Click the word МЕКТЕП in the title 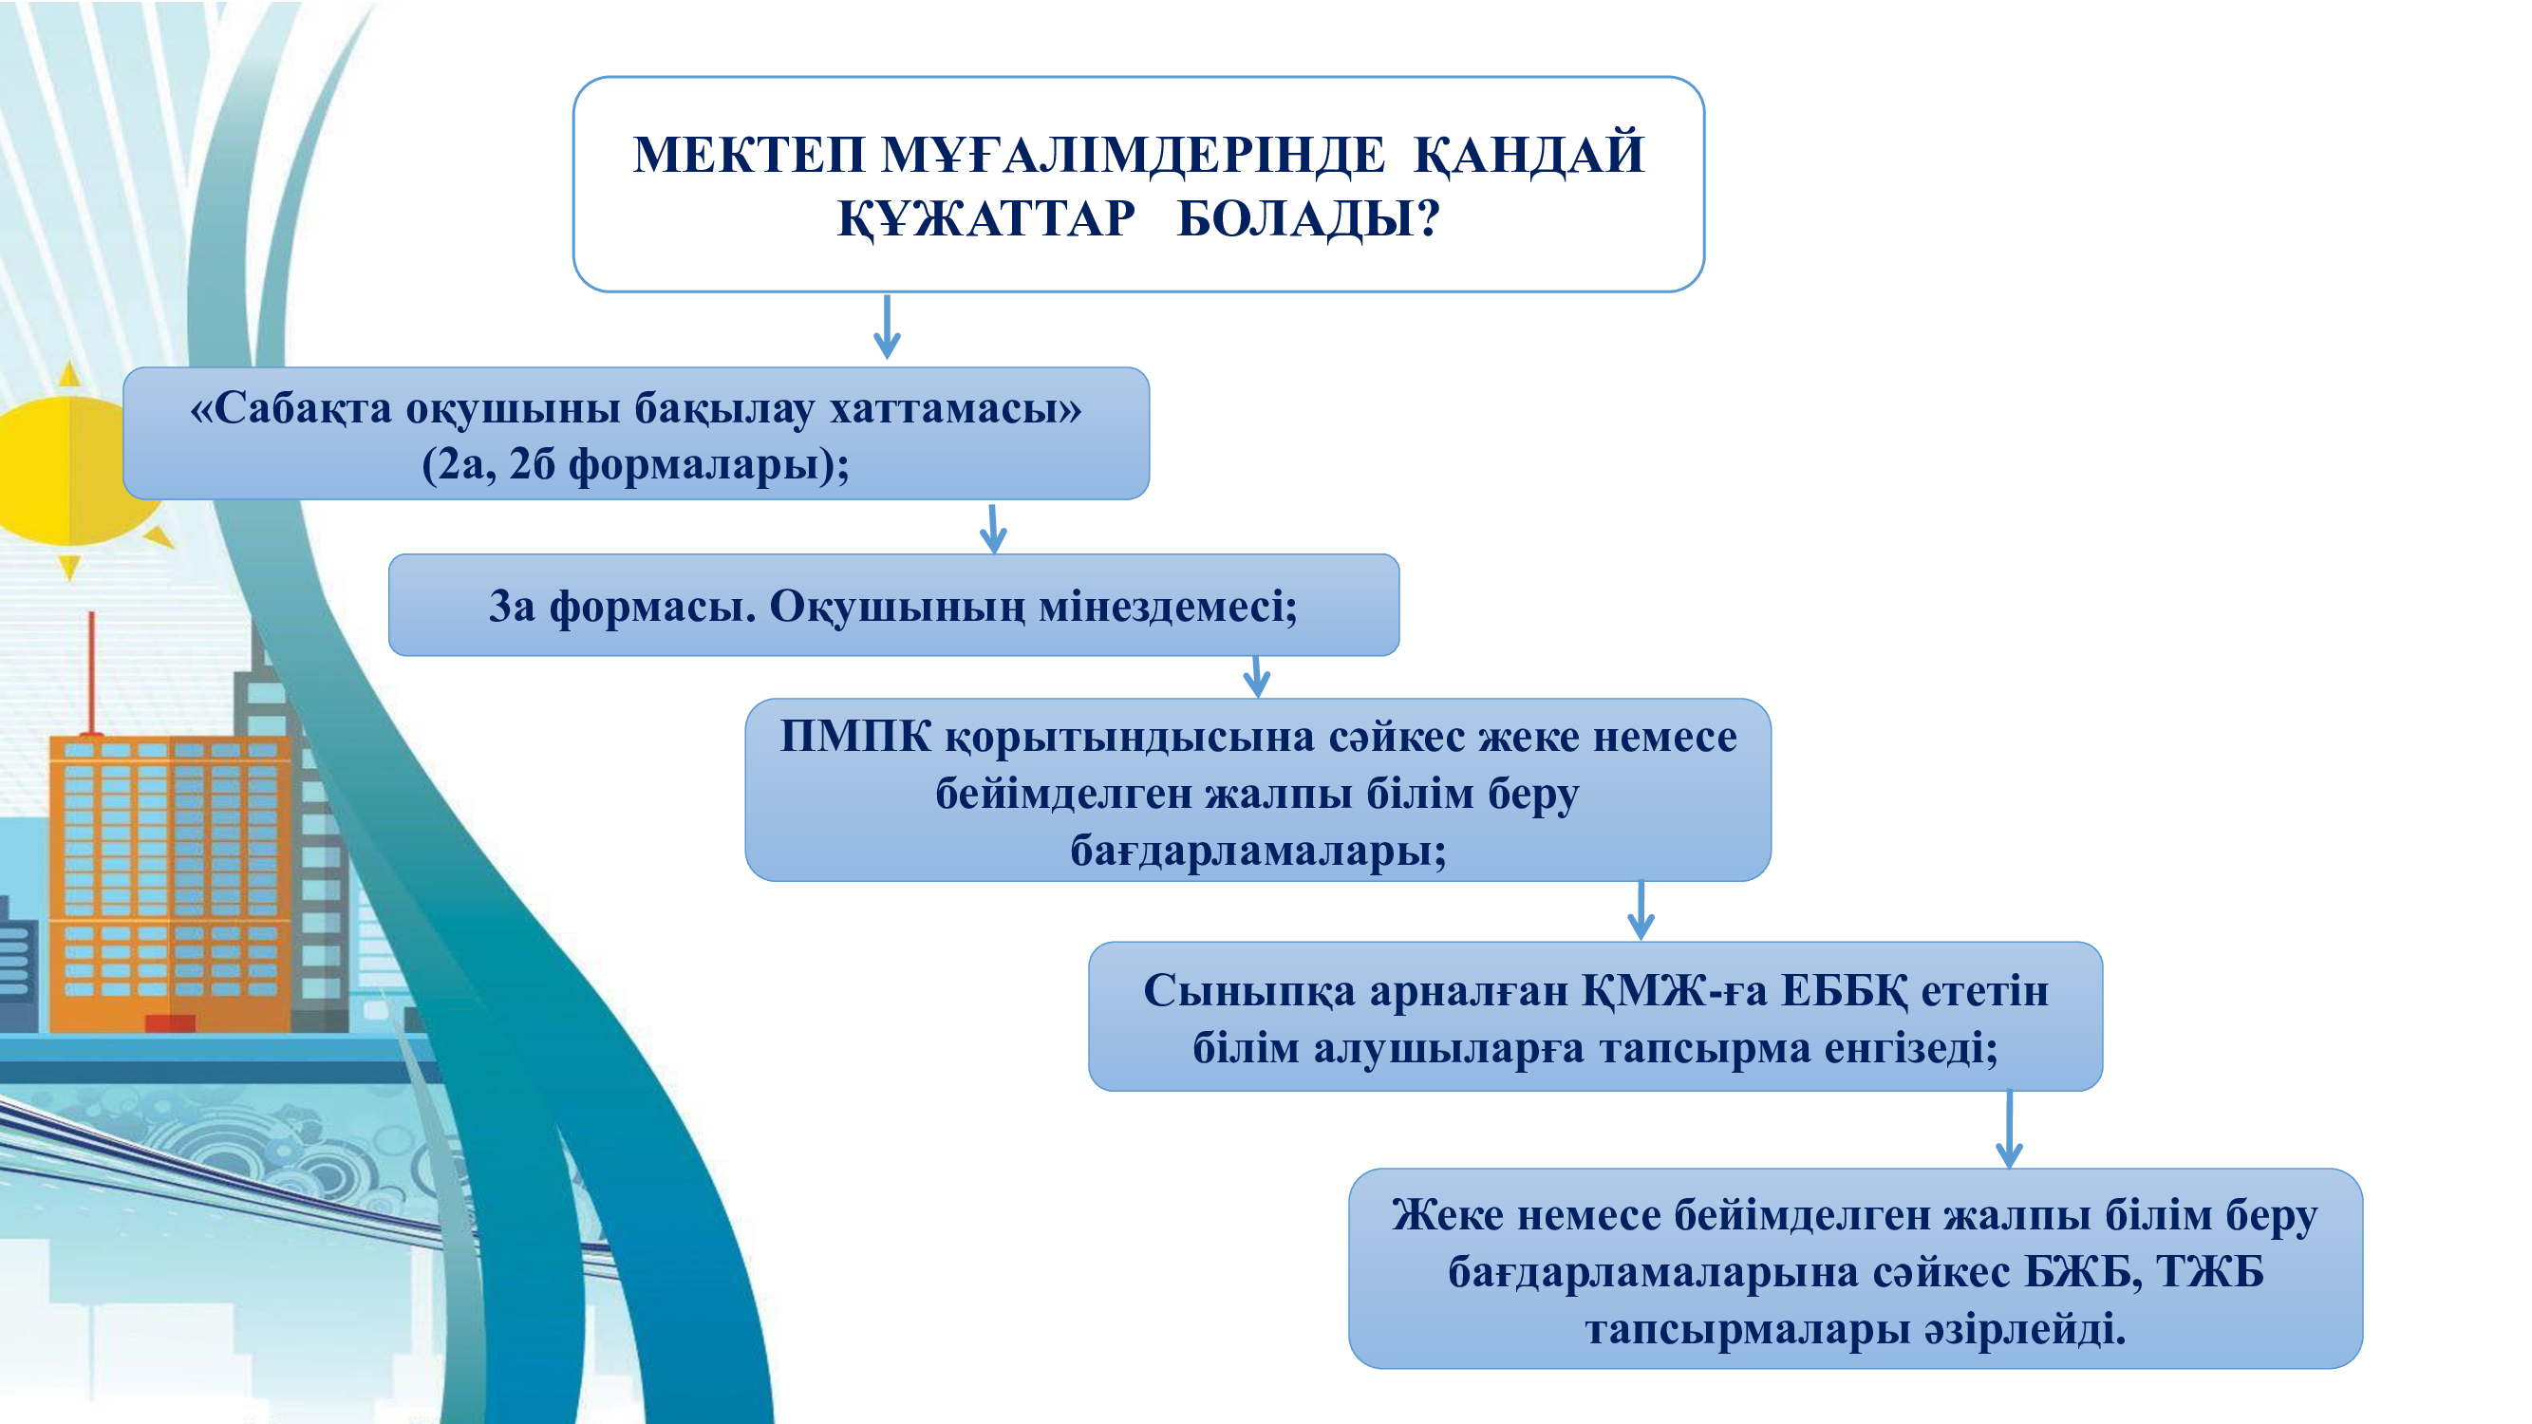(x=749, y=156)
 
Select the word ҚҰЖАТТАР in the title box (x=986, y=219)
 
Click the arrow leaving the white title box (x=887, y=327)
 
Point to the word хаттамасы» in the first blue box (x=955, y=409)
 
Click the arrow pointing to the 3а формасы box (x=993, y=529)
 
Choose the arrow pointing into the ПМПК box (x=1256, y=677)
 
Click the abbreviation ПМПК (x=855, y=736)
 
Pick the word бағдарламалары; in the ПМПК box (x=1258, y=851)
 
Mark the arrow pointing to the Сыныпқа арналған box (x=1641, y=911)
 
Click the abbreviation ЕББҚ (x=1845, y=992)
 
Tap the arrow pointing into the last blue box (x=2009, y=1129)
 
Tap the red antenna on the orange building (x=91, y=674)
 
